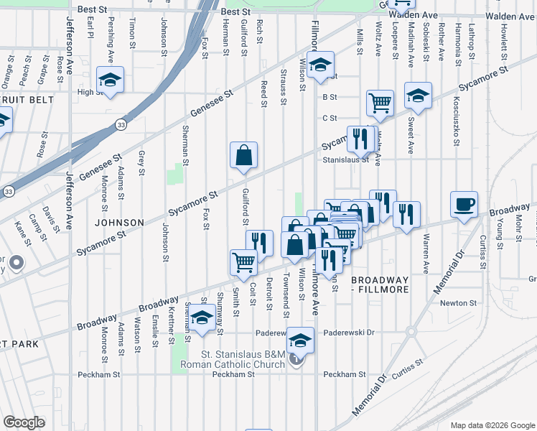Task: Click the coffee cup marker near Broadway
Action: tap(464, 205)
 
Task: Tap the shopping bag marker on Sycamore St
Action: tap(243, 155)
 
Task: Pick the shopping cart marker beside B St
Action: tap(380, 103)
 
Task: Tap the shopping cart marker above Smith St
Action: tap(243, 263)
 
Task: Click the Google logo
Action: tap(24, 422)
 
